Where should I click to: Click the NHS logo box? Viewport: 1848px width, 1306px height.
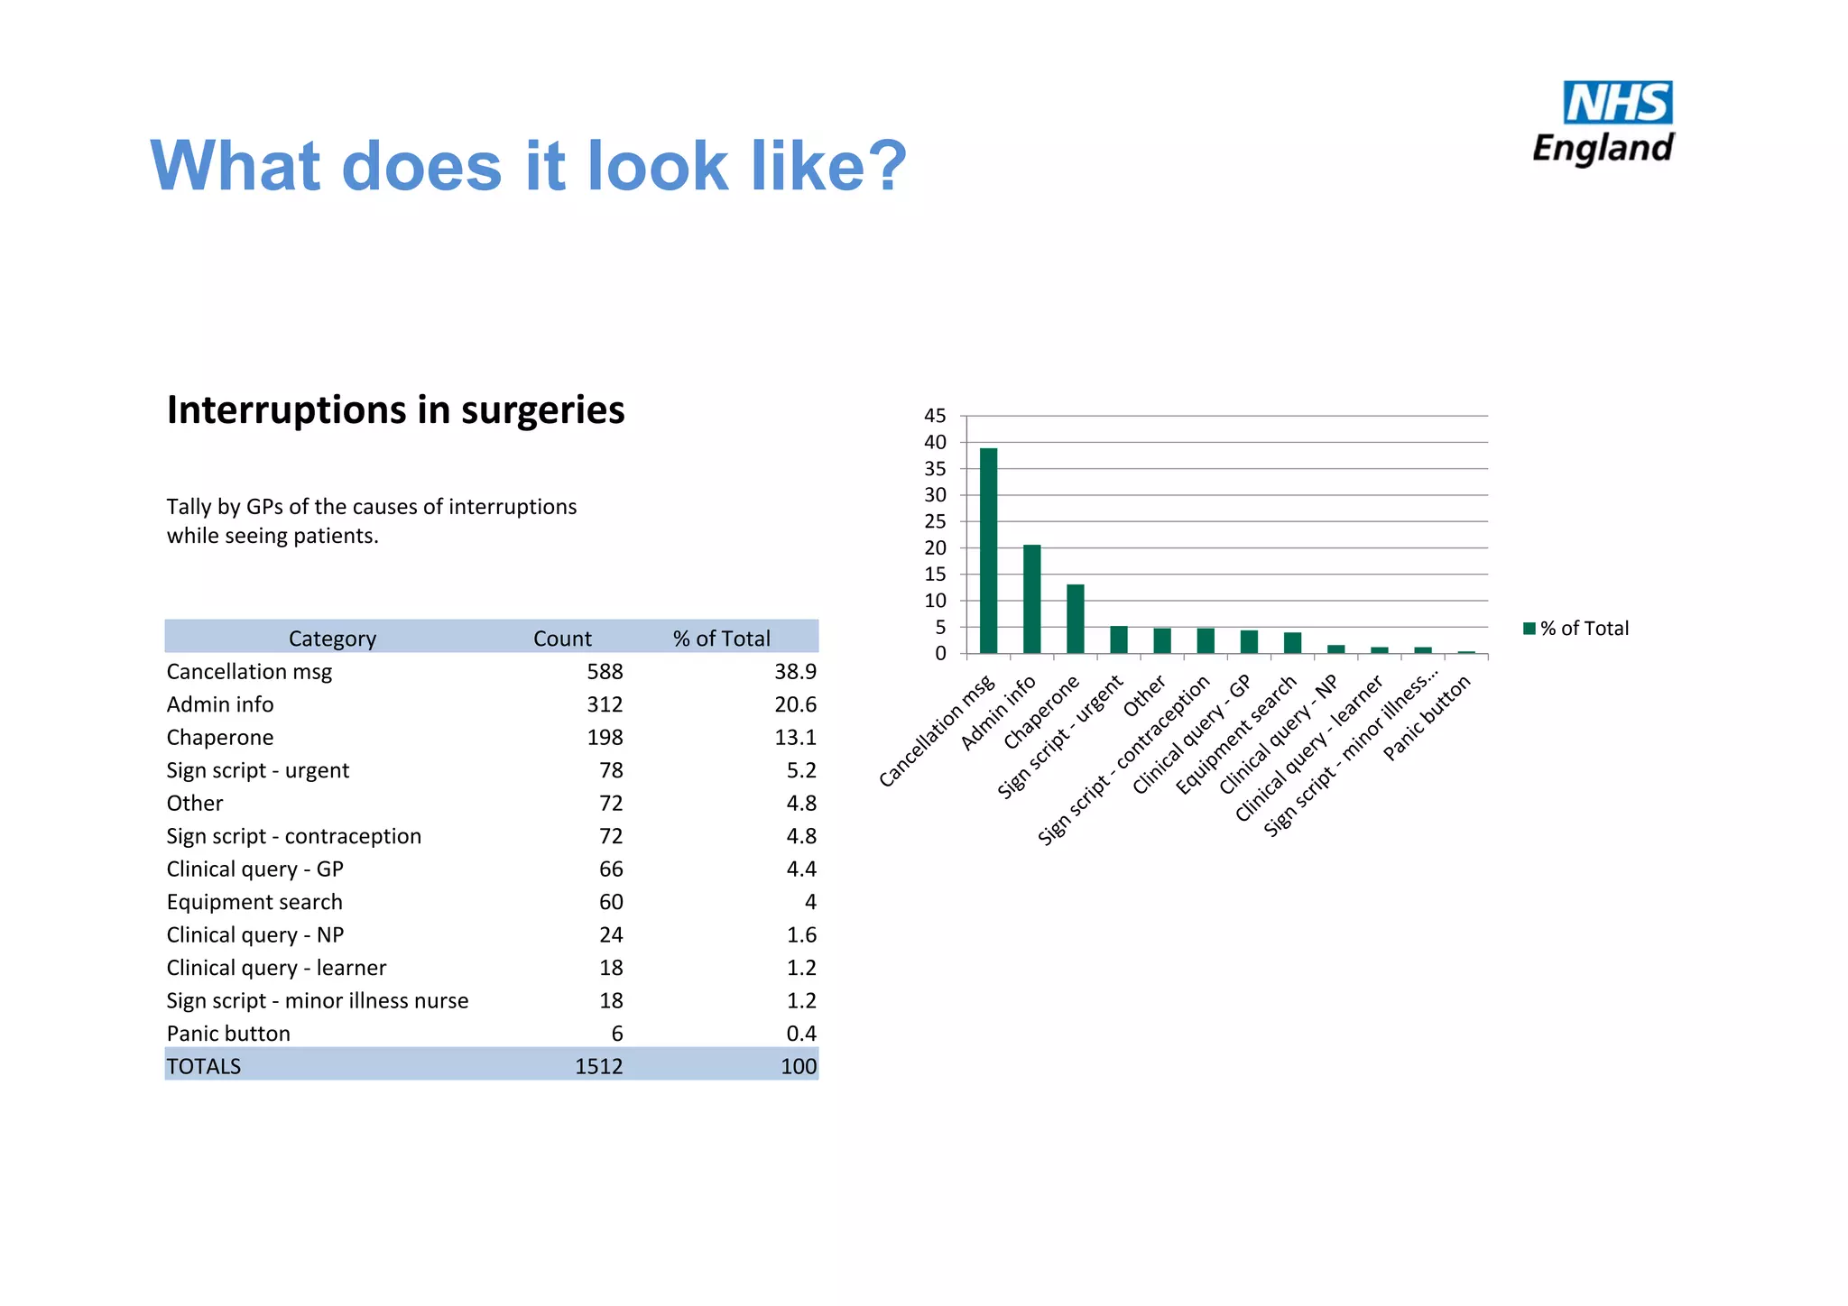(x=1617, y=103)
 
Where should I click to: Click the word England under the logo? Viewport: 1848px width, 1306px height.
(x=1603, y=148)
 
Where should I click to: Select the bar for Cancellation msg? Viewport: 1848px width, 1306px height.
(x=988, y=550)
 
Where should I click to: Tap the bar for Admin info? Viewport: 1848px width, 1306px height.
(x=1031, y=599)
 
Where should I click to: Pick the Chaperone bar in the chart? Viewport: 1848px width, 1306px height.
(x=1075, y=619)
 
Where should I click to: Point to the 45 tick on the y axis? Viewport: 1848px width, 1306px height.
(x=935, y=416)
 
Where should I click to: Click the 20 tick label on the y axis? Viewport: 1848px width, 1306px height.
(x=935, y=547)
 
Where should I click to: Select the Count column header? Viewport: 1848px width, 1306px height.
(x=562, y=639)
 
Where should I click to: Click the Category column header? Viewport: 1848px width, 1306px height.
(x=332, y=639)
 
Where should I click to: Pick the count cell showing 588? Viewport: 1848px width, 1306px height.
(x=605, y=672)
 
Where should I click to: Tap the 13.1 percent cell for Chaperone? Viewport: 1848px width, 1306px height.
(x=795, y=738)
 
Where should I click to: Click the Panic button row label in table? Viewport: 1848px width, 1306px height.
(x=228, y=1034)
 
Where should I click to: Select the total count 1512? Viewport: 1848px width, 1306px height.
(x=598, y=1066)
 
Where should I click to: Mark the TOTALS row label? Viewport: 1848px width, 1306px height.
(x=204, y=1066)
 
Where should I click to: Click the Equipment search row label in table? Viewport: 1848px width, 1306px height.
(x=254, y=902)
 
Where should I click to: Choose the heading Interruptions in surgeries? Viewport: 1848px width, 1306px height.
(x=395, y=410)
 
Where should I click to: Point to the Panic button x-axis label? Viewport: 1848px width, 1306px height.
(x=1427, y=718)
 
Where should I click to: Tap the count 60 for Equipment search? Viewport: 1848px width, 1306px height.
(x=611, y=902)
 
